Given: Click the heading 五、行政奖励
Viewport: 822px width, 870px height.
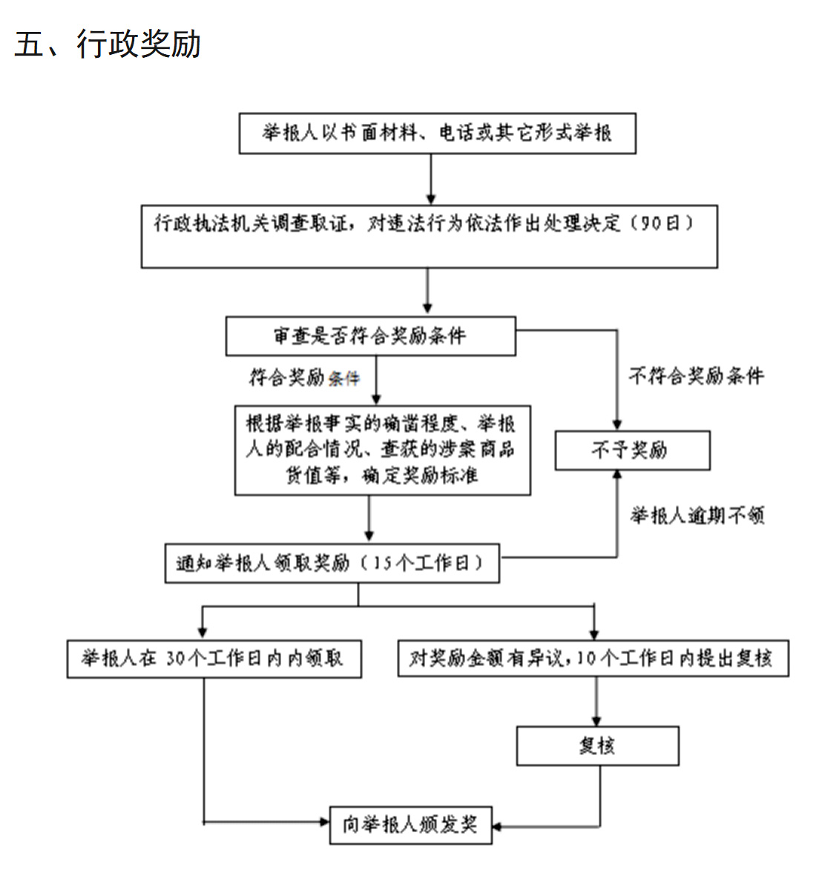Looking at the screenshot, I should [x=108, y=45].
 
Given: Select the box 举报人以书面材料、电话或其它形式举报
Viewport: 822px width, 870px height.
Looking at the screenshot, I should [x=437, y=134].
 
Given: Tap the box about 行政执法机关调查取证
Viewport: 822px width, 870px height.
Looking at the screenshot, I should [x=429, y=236].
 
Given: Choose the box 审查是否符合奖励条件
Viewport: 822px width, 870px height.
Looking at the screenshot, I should [x=370, y=336].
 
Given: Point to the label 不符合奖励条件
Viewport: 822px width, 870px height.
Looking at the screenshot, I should [x=696, y=376].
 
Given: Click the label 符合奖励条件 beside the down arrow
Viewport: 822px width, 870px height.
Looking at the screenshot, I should [x=304, y=378].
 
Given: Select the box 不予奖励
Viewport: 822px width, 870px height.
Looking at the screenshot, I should [x=632, y=450].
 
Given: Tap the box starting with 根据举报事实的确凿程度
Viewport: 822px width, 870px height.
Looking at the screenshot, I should [x=382, y=449].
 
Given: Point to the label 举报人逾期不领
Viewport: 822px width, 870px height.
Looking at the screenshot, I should [x=697, y=515].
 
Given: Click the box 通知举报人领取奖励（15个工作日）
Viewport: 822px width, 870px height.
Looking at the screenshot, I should [x=332, y=563].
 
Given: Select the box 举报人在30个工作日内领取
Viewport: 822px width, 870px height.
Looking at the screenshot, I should [x=214, y=659].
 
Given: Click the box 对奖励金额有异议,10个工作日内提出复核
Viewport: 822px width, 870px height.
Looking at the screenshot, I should [x=593, y=659].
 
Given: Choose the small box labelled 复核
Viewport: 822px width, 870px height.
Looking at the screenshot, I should [x=597, y=746].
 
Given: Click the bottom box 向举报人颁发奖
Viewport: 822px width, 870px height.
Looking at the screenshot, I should [x=410, y=825].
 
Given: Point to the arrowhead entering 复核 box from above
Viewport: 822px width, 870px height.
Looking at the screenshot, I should [x=596, y=721].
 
